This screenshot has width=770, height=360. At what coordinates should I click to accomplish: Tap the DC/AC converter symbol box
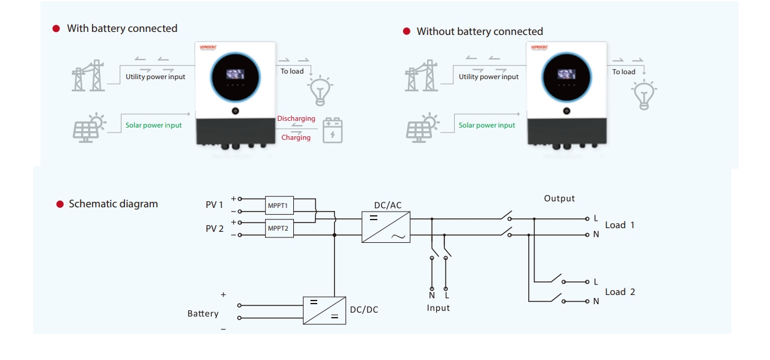click(x=386, y=227)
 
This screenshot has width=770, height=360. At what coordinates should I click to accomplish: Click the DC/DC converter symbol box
click(x=325, y=310)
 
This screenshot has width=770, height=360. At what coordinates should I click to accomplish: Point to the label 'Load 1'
click(x=620, y=225)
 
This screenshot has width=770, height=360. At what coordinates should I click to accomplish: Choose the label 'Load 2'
click(x=620, y=292)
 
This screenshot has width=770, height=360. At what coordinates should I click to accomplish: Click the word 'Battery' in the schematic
click(x=203, y=313)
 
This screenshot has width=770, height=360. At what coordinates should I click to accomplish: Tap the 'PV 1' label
click(x=215, y=205)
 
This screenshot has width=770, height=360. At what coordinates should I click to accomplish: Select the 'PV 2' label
click(x=215, y=229)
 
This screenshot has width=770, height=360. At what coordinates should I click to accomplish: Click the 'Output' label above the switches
click(x=560, y=199)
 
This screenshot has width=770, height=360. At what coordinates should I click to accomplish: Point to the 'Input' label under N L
click(x=439, y=308)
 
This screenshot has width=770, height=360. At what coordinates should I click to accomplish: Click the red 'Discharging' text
click(x=296, y=118)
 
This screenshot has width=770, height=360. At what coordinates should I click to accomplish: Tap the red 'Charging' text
click(x=296, y=137)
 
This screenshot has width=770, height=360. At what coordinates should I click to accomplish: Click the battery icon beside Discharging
click(x=333, y=130)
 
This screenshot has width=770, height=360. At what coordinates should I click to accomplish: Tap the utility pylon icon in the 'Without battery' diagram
click(x=422, y=76)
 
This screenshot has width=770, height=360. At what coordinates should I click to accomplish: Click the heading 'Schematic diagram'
click(x=113, y=204)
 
